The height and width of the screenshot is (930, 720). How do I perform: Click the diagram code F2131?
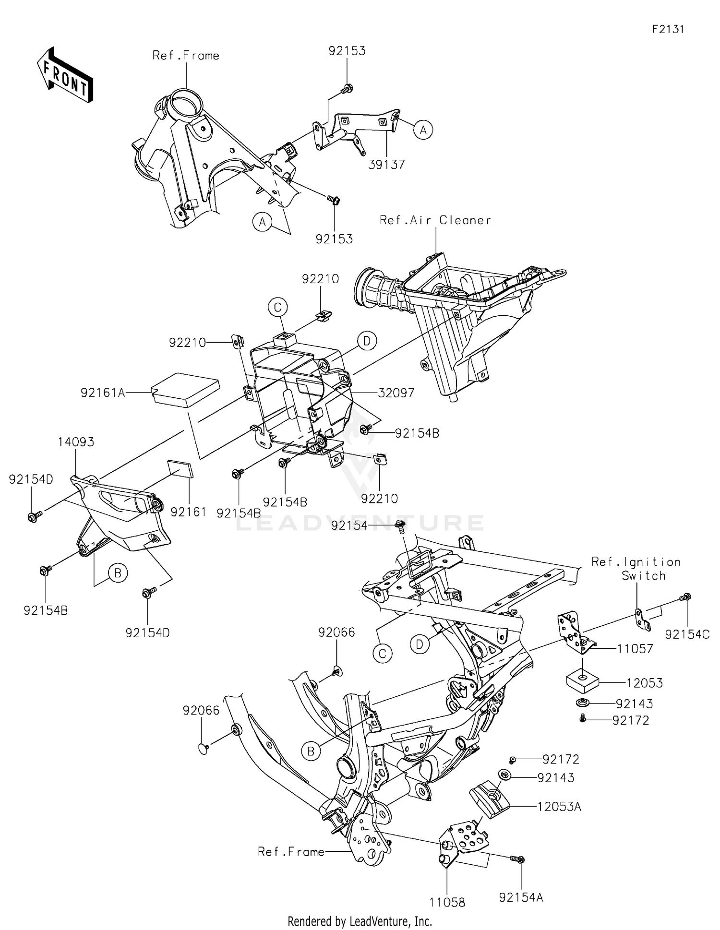click(x=668, y=29)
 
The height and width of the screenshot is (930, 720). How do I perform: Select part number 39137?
click(x=386, y=165)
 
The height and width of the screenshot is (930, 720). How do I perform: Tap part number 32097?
click(x=396, y=393)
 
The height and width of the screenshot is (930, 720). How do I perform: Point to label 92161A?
click(x=103, y=393)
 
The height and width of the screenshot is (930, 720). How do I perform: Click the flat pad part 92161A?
click(x=185, y=390)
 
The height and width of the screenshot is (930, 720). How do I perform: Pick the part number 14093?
click(x=76, y=442)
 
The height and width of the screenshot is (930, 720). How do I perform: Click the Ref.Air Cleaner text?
click(x=435, y=220)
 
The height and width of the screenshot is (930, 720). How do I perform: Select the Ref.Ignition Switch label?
click(x=636, y=569)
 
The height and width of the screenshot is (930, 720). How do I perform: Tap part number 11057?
click(x=635, y=649)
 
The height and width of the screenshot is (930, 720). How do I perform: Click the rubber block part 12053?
click(x=582, y=682)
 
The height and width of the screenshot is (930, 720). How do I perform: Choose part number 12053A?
click(x=559, y=807)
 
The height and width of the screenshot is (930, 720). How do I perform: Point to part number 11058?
click(x=447, y=903)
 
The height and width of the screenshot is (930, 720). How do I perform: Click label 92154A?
click(x=521, y=897)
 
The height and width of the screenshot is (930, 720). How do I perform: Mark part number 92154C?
click(x=687, y=634)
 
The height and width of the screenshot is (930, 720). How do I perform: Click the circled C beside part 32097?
click(x=277, y=307)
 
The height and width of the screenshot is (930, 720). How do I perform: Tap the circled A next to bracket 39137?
click(x=423, y=130)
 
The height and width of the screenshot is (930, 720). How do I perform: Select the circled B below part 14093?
click(x=118, y=572)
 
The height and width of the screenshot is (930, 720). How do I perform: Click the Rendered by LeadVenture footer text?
click(x=360, y=921)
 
